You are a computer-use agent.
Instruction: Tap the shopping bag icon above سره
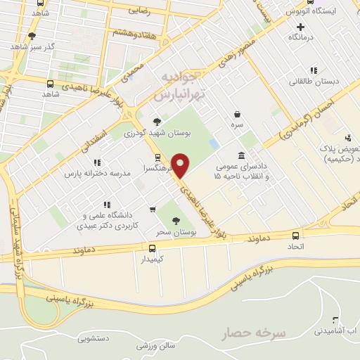pos(238,114)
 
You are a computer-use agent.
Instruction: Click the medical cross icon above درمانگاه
pos(301,26)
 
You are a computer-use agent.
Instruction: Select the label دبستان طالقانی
pos(314,81)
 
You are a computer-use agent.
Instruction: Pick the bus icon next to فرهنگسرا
pos(158,157)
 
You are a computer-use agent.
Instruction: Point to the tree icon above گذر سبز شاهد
pos(31,36)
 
